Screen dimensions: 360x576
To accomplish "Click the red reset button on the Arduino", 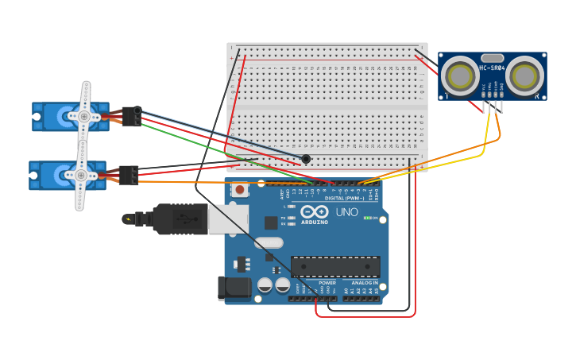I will click(x=240, y=190).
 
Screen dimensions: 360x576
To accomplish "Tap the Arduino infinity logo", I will click(x=314, y=213).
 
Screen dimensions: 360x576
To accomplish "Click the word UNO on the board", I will click(x=347, y=212).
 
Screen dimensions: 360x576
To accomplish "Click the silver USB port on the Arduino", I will click(x=227, y=219).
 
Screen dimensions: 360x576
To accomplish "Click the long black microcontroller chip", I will click(x=335, y=266).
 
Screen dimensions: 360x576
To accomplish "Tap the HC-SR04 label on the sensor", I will click(x=492, y=68).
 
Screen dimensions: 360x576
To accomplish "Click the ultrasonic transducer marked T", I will click(x=459, y=76).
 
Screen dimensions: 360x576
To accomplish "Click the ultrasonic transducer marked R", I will click(x=525, y=76).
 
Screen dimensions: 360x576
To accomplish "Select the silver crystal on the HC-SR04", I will click(x=492, y=57).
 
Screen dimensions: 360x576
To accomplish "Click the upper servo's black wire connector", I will click(x=132, y=117).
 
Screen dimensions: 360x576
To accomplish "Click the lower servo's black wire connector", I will click(x=129, y=175).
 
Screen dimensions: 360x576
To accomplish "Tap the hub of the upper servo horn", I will click(x=83, y=116).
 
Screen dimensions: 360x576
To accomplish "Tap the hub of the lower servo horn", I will click(x=80, y=175).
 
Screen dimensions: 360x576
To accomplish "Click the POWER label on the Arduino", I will click(x=327, y=282).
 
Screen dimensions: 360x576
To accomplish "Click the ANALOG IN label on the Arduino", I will click(x=365, y=282).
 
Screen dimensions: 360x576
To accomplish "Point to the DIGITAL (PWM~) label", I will click(x=345, y=198).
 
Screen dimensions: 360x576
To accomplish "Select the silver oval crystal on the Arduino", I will click(x=269, y=242).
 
